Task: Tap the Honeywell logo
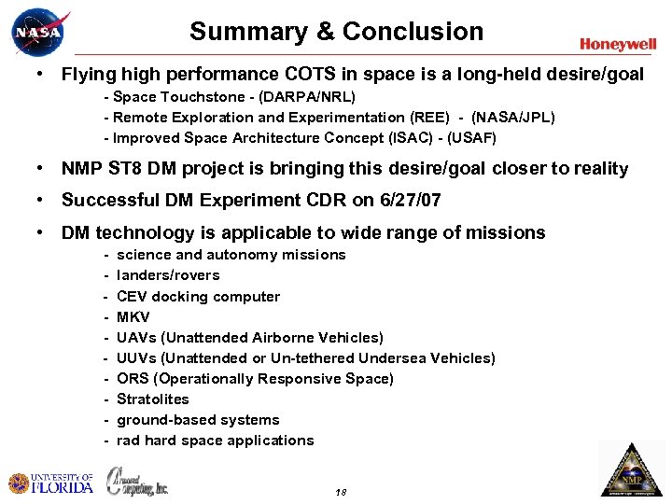pos(617,44)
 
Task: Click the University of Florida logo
pos(51,483)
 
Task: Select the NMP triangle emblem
pos(631,470)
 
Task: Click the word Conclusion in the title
pos(413,32)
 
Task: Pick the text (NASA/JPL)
pos(512,118)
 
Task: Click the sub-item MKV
pos(133,317)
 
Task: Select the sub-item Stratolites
pos(153,399)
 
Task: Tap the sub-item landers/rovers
pos(168,275)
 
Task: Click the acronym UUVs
pos(137,358)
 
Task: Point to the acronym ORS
pos(133,379)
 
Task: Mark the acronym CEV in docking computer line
pos(132,297)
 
